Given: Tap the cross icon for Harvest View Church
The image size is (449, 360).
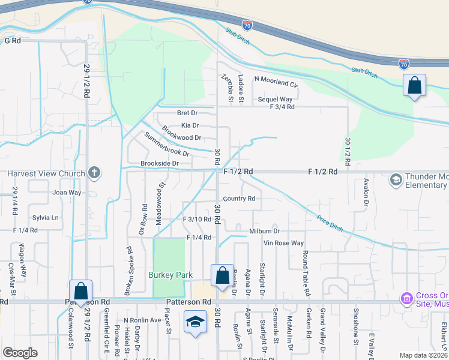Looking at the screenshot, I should tap(94, 173).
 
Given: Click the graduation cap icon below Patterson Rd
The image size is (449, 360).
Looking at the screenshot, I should tap(195, 323).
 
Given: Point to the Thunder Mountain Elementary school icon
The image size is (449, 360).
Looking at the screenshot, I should tap(396, 179).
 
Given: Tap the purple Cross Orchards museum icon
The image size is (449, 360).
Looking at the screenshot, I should tap(406, 298).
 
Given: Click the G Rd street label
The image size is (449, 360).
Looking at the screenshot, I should tap(13, 40).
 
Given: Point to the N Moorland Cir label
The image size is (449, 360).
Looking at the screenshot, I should tap(276, 79).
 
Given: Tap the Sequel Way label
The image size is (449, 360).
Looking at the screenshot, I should tap(275, 99).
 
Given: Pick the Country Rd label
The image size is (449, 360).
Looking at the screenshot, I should tap(239, 199).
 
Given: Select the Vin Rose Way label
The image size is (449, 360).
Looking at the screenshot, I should tap(285, 243).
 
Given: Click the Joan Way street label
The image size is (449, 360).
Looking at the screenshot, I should tap(67, 193).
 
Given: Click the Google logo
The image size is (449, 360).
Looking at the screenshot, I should tap(20, 352).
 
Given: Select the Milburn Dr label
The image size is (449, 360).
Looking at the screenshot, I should tap(264, 231).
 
